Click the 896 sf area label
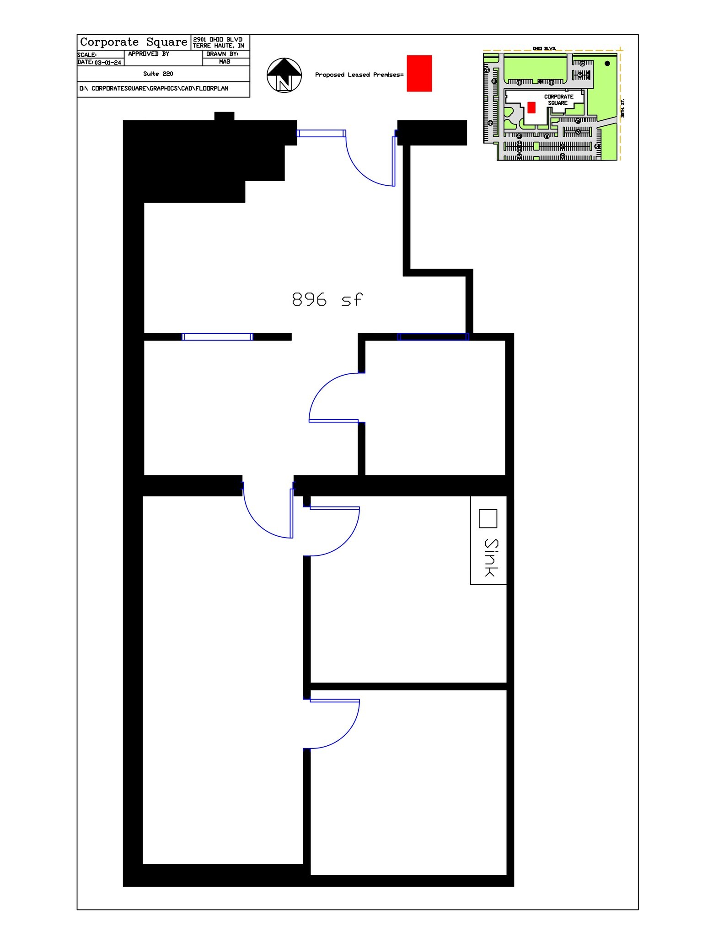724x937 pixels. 327,300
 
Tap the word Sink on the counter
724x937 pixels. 491,557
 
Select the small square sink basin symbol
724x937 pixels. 488,518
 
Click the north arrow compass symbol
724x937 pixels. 284,75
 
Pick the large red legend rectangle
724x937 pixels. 419,73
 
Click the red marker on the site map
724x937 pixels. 531,107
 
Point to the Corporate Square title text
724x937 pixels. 134,42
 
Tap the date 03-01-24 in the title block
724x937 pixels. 108,63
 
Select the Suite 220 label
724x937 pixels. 158,74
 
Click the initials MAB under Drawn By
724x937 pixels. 225,62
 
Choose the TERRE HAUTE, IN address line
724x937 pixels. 219,46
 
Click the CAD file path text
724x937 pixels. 154,88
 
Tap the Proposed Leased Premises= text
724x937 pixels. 359,75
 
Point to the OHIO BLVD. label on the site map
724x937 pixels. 544,48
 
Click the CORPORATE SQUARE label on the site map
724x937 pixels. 558,100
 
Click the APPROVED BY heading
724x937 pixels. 149,54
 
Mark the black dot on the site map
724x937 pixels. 607,64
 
